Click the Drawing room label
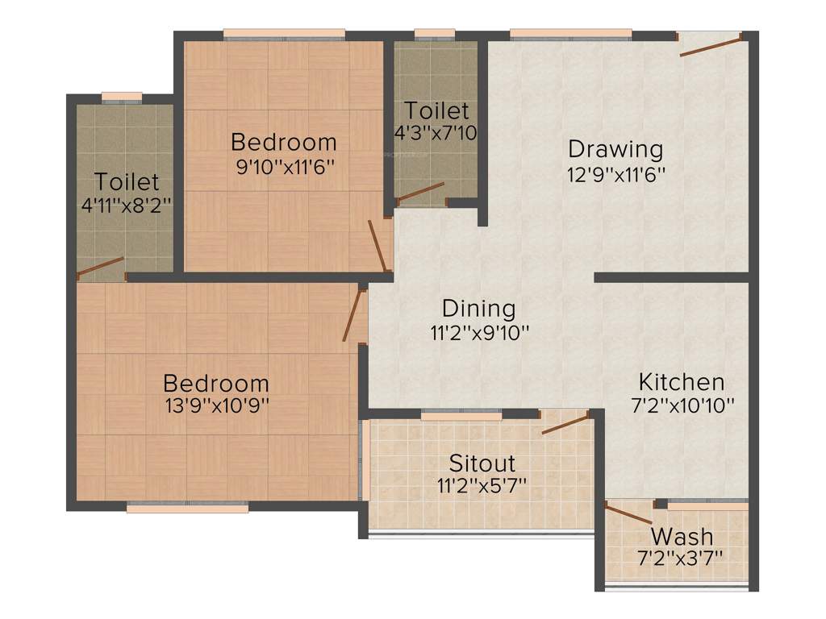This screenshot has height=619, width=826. tap(615, 149)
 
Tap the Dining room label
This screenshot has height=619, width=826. tap(478, 309)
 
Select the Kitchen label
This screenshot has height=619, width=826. tap(682, 381)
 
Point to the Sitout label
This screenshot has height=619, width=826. tap(482, 463)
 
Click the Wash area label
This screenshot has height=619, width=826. tap(682, 536)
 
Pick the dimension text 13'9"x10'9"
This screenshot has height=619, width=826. tap(216, 405)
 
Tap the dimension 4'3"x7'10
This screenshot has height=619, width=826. tap(436, 132)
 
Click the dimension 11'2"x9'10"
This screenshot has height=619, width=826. tap(478, 331)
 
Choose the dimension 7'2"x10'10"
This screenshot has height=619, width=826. tap(682, 405)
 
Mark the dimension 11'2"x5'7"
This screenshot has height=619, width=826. tap(482, 486)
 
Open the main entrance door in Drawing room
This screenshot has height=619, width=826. tap(711, 44)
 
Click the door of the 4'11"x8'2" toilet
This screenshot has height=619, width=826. tap(100, 267)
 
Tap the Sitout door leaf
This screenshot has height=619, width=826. tap(565, 422)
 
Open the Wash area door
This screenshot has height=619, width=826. tap(629, 513)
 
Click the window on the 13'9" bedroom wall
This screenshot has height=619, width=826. tap(187, 508)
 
